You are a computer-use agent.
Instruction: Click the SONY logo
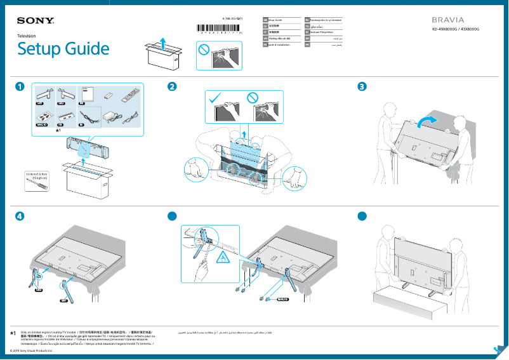tap(36, 21)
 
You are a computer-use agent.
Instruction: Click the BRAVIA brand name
tap(449, 20)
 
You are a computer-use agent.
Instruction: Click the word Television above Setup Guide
tap(27, 37)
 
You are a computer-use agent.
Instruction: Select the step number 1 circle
tap(21, 86)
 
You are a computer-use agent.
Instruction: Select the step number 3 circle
tap(362, 86)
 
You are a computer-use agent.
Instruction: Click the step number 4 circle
tap(21, 216)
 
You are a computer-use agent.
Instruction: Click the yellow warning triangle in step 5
tap(223, 257)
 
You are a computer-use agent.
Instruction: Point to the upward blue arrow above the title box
tap(163, 42)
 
